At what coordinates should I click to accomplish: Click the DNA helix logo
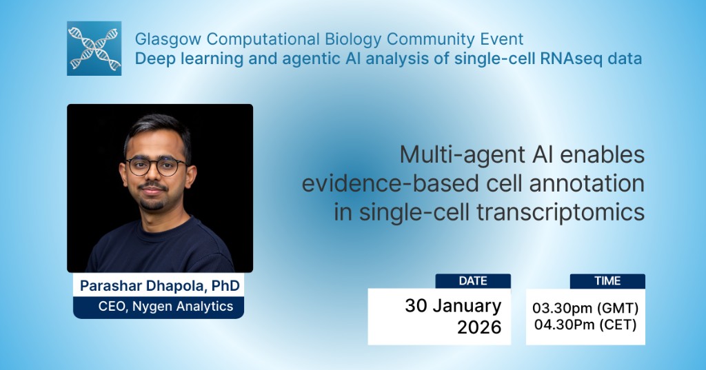94,48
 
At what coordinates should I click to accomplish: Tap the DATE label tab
473,281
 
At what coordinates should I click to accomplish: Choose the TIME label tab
607,281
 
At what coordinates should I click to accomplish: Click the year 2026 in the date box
478,327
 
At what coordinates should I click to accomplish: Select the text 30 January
453,305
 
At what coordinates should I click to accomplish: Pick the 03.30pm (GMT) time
585,307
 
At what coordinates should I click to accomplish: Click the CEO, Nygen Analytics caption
158,307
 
